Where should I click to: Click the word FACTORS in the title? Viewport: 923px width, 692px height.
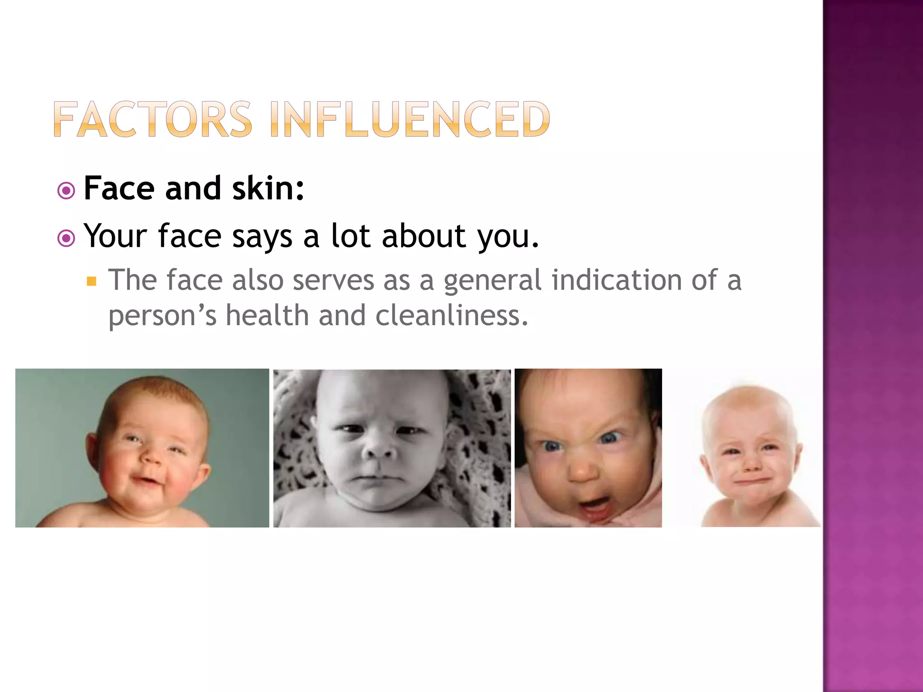coord(152,119)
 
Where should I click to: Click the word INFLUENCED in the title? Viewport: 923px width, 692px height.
coord(410,119)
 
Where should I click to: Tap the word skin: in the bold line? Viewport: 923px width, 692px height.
coord(268,188)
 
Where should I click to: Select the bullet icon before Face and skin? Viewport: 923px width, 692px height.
coord(66,191)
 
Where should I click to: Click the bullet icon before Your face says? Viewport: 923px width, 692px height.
coord(66,238)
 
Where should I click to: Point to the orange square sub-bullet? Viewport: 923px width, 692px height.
coord(92,282)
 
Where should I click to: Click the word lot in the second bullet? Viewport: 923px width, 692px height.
coord(351,236)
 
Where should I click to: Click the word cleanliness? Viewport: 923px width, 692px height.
coord(452,315)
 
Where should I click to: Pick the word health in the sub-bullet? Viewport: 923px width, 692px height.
coord(267,315)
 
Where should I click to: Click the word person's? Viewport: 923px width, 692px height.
coord(162,316)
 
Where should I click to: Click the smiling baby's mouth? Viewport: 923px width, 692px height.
coord(145,481)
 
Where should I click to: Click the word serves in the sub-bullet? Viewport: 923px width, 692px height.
coord(333,280)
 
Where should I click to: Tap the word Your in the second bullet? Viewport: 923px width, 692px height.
coord(115,236)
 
